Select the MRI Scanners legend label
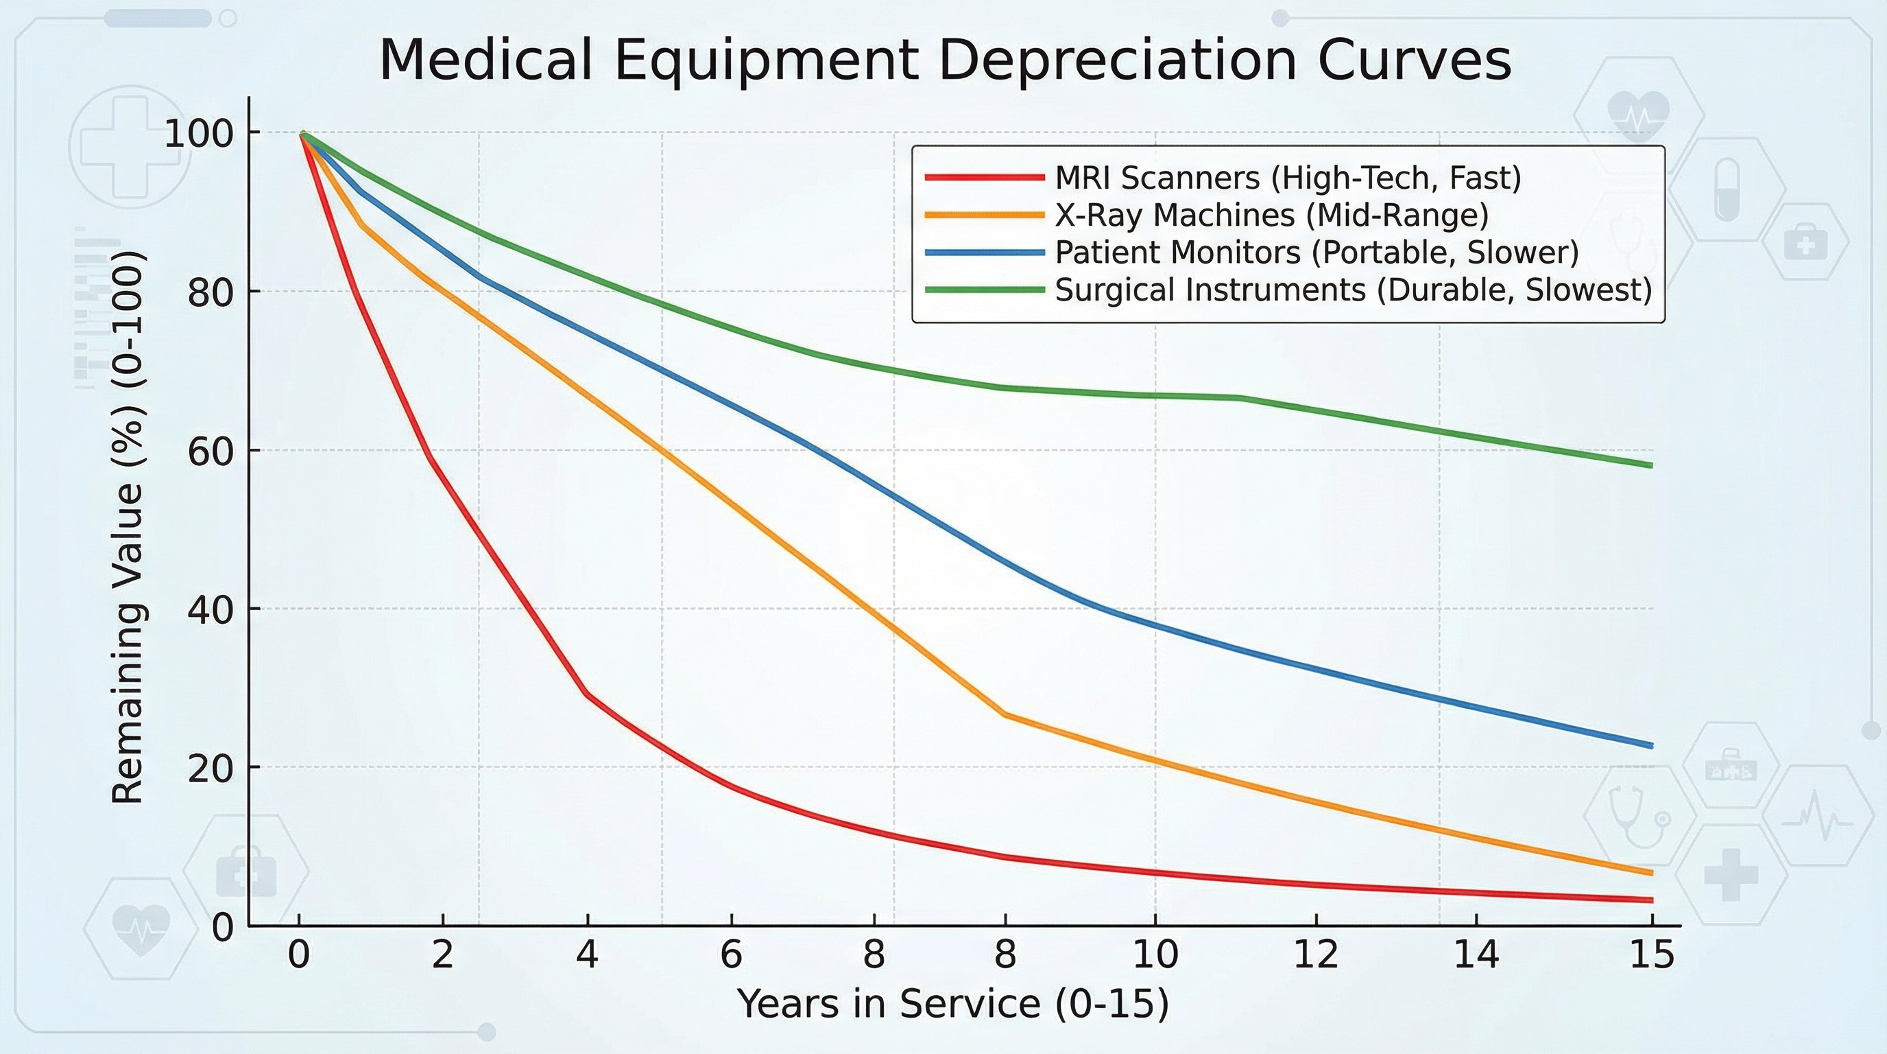[1288, 178]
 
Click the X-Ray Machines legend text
[1272, 215]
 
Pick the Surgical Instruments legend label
[1353, 290]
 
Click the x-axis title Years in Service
[952, 1003]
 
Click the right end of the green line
[1651, 465]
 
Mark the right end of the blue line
[1651, 745]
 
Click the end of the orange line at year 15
[1651, 872]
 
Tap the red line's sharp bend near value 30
[587, 693]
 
